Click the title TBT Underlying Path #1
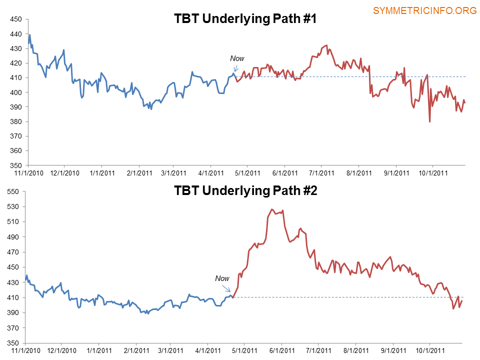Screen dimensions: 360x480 (245, 19)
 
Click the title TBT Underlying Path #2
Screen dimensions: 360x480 (245, 190)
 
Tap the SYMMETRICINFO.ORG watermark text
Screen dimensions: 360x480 (424, 10)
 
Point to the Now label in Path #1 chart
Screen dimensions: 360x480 (237, 58)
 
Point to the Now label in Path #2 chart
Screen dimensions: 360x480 (222, 278)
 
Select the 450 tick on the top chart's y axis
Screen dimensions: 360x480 (15, 19)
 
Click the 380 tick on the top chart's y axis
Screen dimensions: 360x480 (15, 121)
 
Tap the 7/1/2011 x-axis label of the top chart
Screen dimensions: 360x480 (321, 173)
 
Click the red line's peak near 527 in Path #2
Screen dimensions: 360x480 (272, 209)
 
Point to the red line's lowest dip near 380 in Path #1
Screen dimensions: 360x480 (430, 121)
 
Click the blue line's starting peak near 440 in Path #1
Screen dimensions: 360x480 (30, 34)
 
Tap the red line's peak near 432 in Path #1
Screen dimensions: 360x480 (326, 45)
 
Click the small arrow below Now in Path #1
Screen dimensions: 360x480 (235, 68)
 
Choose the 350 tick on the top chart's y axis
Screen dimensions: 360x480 (15, 165)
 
